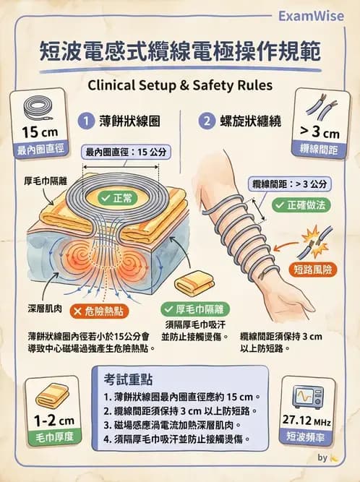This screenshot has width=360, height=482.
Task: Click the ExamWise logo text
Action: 311,16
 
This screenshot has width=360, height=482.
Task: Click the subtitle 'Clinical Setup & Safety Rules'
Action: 180,85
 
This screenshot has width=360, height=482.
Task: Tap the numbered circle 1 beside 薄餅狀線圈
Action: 86,121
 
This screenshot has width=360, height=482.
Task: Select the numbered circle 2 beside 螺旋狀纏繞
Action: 207,121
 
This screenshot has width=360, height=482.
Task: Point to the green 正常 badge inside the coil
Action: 119,198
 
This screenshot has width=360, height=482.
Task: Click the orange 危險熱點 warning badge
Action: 99,311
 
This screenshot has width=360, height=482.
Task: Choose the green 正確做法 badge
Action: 301,205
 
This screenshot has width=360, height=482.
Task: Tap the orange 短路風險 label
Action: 313,270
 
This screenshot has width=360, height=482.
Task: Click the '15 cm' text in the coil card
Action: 40,132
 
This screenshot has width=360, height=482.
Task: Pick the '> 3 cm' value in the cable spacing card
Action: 320,132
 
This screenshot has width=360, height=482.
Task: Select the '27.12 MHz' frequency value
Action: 307,420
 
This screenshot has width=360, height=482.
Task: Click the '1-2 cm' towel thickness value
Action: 54,421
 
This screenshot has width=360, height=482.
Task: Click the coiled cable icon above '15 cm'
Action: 38,108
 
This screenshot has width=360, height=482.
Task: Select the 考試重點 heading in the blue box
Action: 128,379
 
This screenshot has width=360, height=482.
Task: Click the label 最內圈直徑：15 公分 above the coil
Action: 126,152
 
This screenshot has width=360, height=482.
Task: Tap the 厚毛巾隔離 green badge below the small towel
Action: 195,309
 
